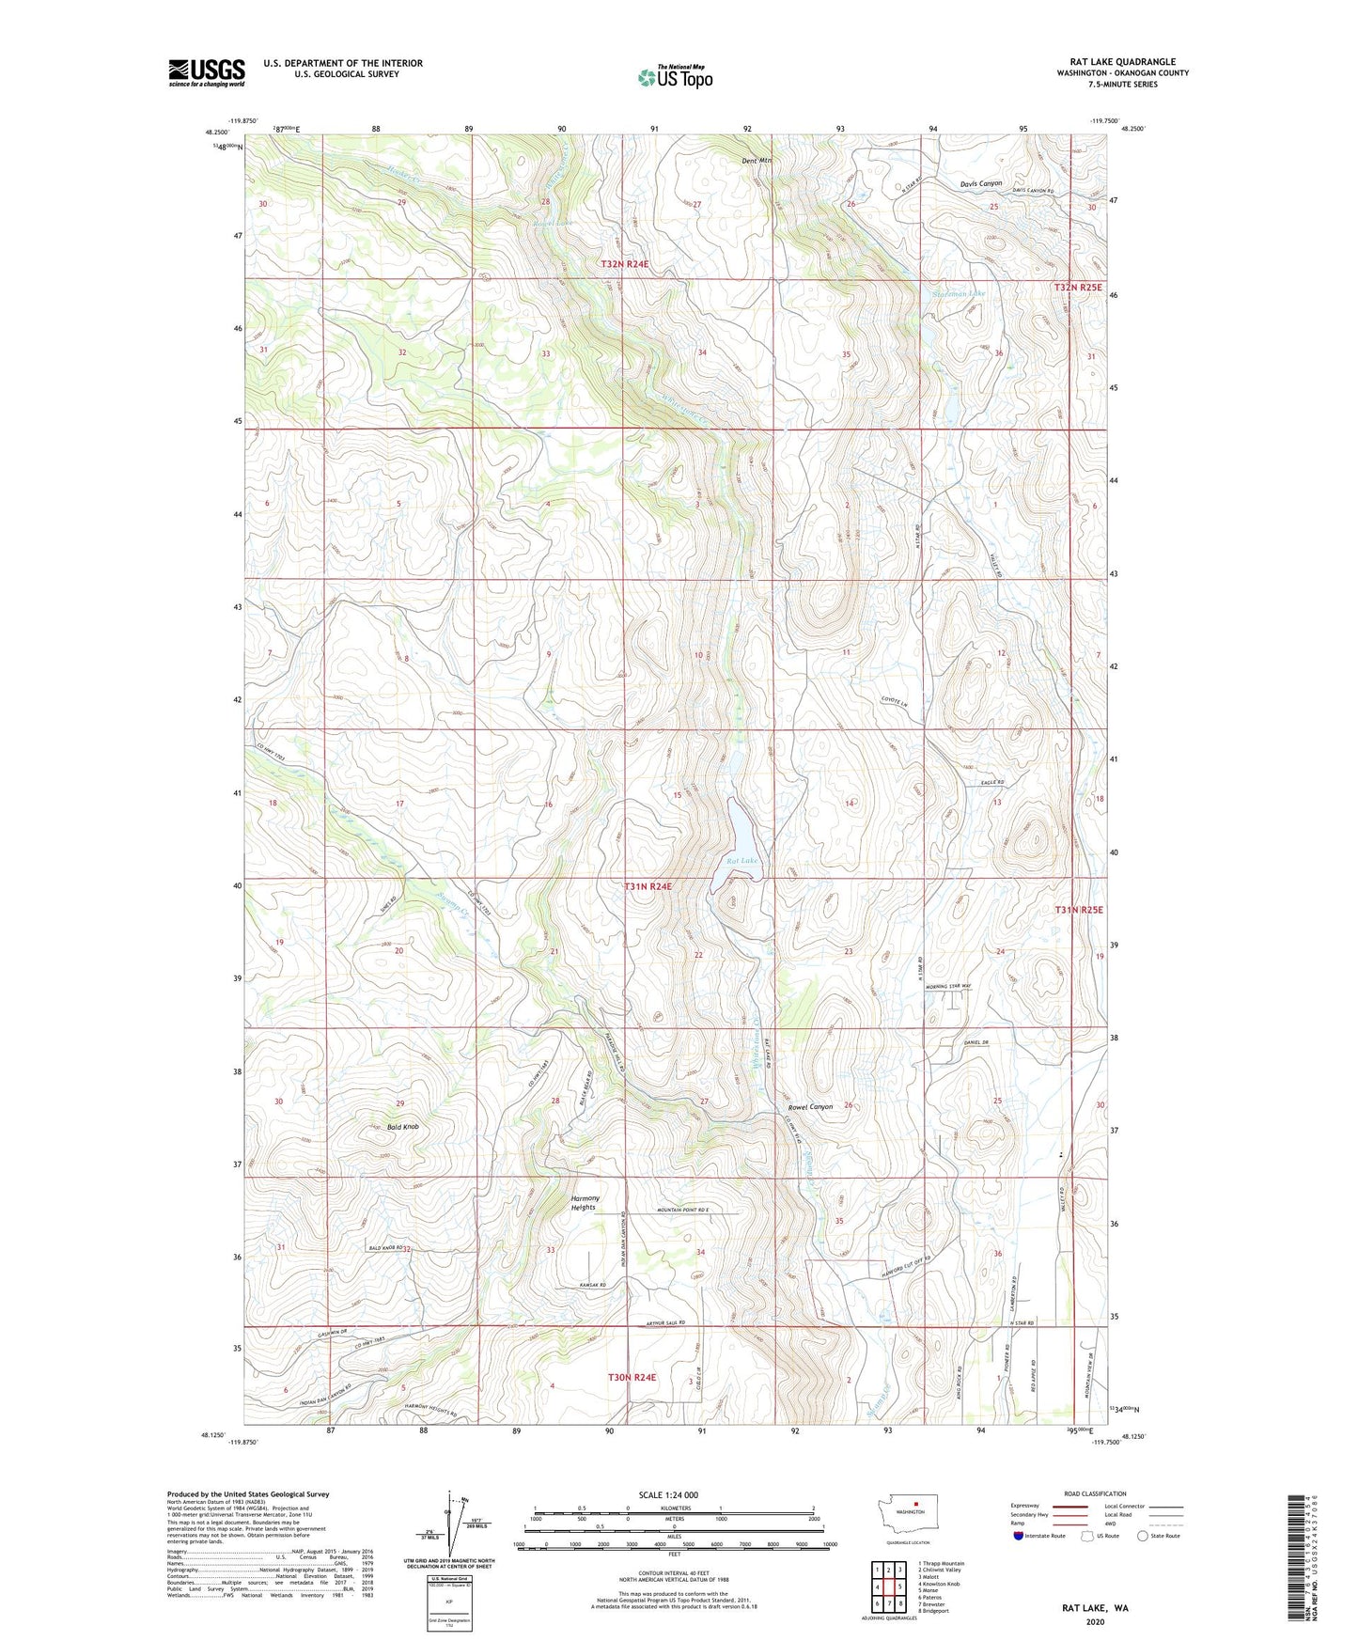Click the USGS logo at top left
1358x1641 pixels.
pos(206,72)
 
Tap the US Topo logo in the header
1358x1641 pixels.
pos(675,77)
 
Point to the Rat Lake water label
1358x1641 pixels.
pos(741,860)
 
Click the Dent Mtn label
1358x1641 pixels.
pos(756,161)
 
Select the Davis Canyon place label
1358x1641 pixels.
pos(980,183)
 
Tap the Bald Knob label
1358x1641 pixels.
pos(402,1126)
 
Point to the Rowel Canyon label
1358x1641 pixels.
pos(810,1107)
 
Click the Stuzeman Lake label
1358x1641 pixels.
pos(958,293)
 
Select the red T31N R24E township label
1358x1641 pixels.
pos(648,886)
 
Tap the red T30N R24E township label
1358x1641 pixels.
pos(632,1377)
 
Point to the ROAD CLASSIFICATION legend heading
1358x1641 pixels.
pos(1095,1493)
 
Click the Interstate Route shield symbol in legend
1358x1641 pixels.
pos(1019,1536)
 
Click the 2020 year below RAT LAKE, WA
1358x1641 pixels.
pos(1095,1621)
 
